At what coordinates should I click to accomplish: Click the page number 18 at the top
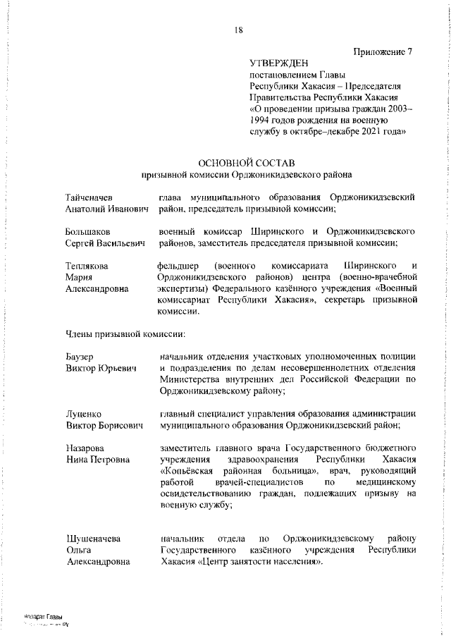[239, 30]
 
